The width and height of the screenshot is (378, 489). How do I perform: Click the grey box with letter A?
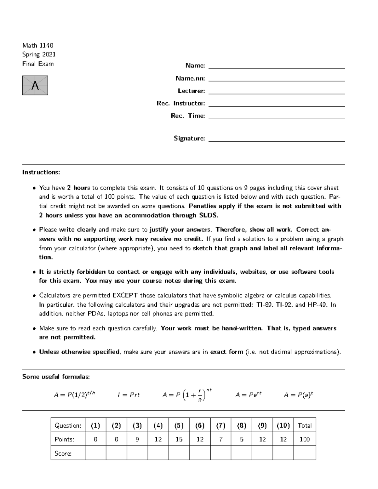coord(35,85)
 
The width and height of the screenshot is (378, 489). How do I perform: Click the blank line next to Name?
coord(277,66)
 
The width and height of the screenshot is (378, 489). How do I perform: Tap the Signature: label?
coord(189,138)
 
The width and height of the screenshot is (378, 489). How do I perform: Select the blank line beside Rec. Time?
coord(277,117)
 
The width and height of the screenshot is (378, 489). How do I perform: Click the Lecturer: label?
coord(191,91)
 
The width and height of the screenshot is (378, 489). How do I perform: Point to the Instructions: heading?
coord(41,172)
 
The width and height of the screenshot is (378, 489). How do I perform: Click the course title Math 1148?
coord(37,45)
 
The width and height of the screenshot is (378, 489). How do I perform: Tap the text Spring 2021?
coord(39,54)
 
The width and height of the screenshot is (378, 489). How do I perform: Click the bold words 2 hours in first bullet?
coord(78,188)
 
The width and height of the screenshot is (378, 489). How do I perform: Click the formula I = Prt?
coord(129,395)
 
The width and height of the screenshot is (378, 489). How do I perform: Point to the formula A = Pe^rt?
coord(248,395)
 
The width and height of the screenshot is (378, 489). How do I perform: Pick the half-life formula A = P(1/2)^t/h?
coord(74,395)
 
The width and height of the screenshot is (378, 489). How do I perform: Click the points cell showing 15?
coord(179,439)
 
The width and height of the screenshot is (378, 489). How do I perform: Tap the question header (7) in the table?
coord(220,425)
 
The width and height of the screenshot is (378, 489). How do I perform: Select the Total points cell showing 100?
coord(304,439)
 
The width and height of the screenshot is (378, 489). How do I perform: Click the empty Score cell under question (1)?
coord(95,453)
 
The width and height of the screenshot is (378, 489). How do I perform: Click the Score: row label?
coord(63,453)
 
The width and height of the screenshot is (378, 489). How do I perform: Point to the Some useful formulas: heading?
coord(56,377)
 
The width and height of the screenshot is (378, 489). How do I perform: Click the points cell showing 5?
coord(241,439)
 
